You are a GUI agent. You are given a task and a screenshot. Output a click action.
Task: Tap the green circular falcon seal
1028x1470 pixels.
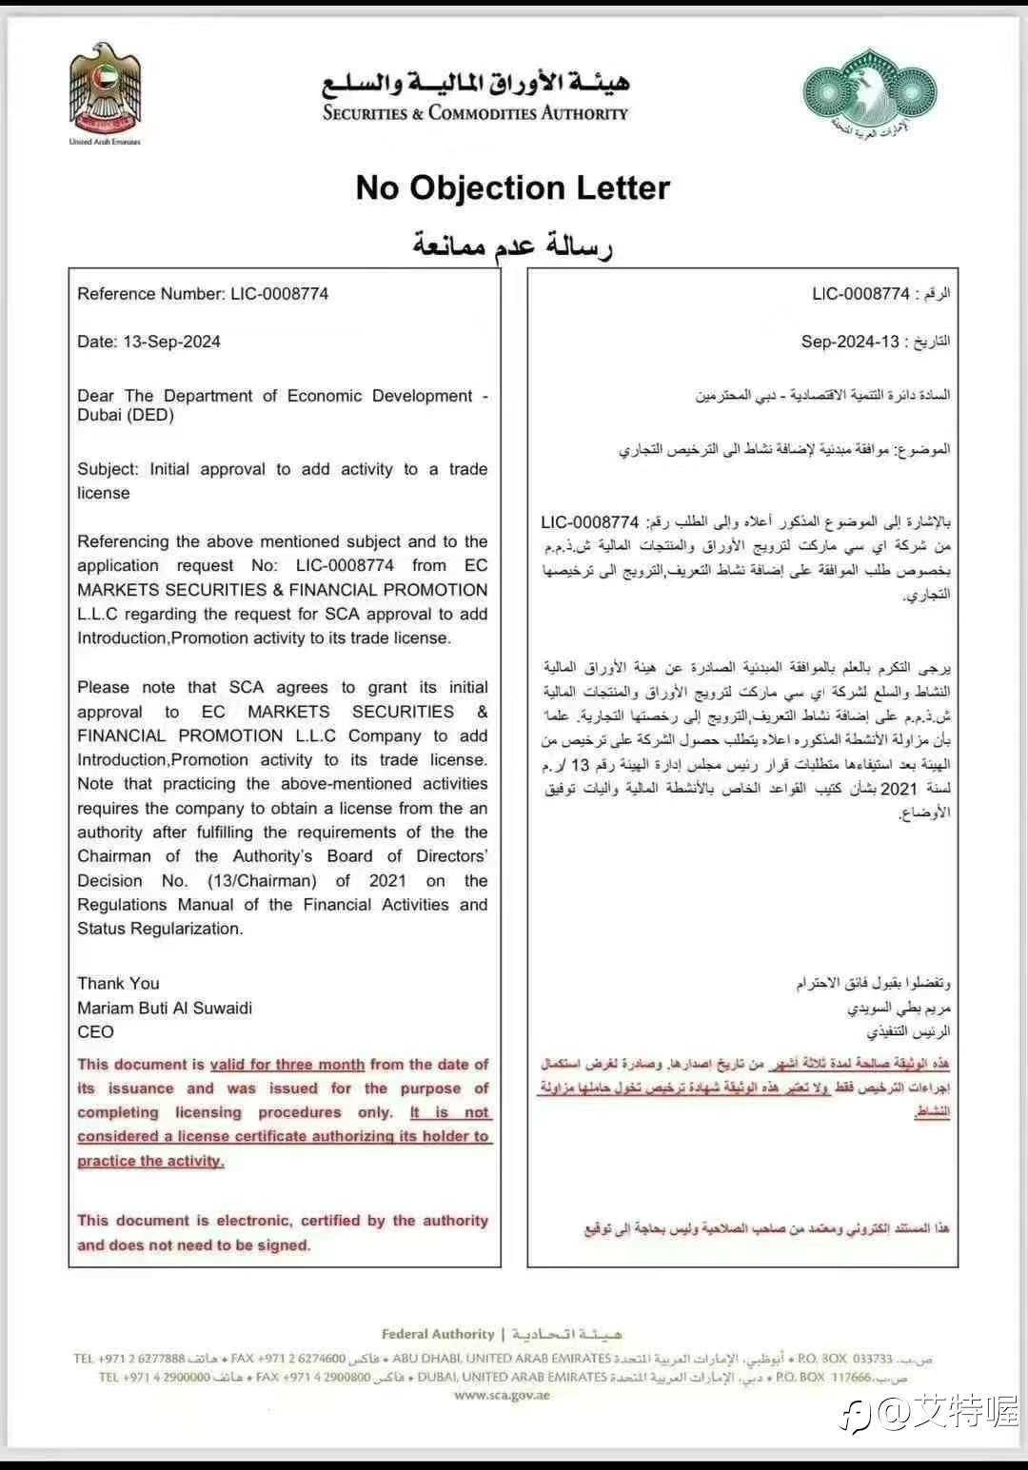(x=869, y=89)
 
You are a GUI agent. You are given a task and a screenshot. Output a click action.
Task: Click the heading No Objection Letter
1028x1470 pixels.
(x=513, y=188)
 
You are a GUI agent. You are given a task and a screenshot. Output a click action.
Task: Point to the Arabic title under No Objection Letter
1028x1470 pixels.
(x=512, y=245)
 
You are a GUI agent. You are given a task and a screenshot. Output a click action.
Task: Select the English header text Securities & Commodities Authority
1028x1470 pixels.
(x=475, y=113)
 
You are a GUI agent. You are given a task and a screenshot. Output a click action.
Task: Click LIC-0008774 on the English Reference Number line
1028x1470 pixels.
(x=279, y=294)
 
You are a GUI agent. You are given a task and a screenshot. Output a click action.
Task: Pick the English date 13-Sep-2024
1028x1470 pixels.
(x=171, y=342)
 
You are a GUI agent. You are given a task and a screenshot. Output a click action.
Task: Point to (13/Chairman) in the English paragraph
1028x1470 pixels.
(x=262, y=881)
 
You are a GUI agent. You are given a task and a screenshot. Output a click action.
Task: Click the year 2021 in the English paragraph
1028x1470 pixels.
(x=387, y=881)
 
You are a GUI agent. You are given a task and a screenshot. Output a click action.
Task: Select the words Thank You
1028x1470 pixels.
(x=118, y=984)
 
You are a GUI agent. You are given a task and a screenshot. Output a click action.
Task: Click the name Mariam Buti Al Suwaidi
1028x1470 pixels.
(x=165, y=1008)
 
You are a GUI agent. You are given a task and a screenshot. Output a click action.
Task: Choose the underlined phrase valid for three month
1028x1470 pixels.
(x=287, y=1065)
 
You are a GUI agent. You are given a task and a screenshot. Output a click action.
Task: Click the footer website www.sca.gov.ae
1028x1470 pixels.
(x=502, y=1396)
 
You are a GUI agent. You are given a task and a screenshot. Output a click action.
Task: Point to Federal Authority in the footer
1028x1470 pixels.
(x=438, y=1334)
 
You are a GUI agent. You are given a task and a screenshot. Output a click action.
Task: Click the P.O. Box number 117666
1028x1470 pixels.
(x=850, y=1377)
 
